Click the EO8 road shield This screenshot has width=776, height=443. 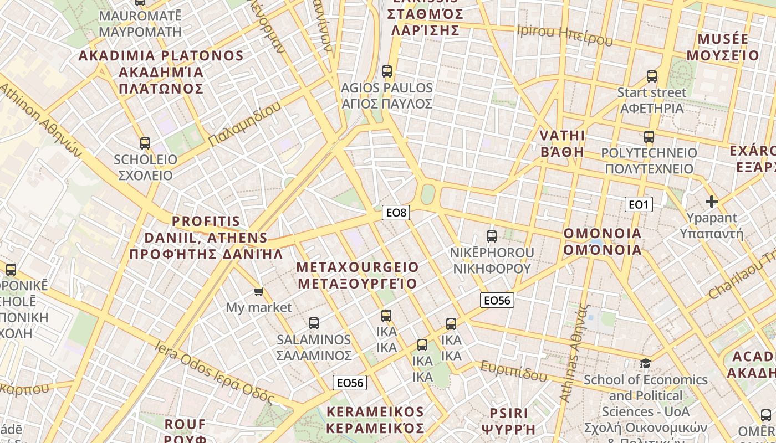click(396, 212)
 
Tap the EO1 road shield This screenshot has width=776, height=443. click(639, 205)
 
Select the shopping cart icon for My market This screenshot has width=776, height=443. click(258, 291)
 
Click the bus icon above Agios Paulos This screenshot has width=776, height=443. click(387, 71)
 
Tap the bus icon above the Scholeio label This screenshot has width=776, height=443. click(145, 143)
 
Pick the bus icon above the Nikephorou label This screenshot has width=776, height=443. click(492, 236)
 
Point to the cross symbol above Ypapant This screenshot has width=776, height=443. click(712, 202)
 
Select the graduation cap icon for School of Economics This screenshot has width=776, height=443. click(645, 363)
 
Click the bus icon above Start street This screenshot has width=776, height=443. click(652, 76)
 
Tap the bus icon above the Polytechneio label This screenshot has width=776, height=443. click(649, 136)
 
